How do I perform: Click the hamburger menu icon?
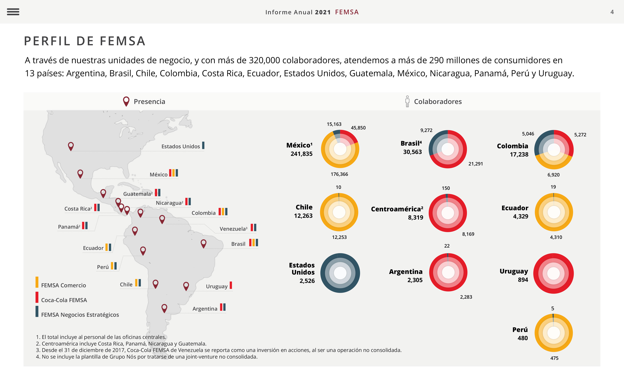click(x=13, y=12)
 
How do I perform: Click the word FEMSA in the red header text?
click(x=347, y=12)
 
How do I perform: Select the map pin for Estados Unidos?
click(x=71, y=146)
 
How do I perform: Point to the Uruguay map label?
click(x=217, y=286)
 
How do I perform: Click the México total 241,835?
click(x=301, y=154)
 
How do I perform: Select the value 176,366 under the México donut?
click(x=339, y=174)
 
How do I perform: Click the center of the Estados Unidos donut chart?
click(x=340, y=273)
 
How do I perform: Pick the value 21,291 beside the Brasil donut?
click(x=475, y=164)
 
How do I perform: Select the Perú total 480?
click(x=522, y=338)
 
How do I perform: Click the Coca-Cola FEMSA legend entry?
click(x=64, y=300)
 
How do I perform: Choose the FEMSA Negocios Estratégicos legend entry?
click(x=80, y=315)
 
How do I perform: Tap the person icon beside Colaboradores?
click(x=407, y=101)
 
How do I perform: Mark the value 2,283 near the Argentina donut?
click(x=466, y=297)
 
